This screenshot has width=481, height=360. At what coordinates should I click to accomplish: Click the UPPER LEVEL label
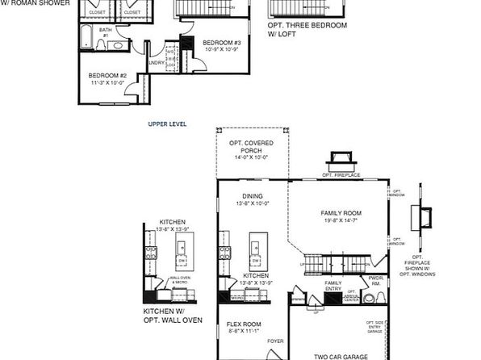pos(168,125)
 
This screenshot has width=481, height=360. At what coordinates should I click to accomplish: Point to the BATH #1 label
pos(105,32)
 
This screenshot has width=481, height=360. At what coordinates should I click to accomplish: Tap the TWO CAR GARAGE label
pos(341,356)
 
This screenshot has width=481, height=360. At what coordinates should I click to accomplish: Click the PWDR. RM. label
pos(374,281)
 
